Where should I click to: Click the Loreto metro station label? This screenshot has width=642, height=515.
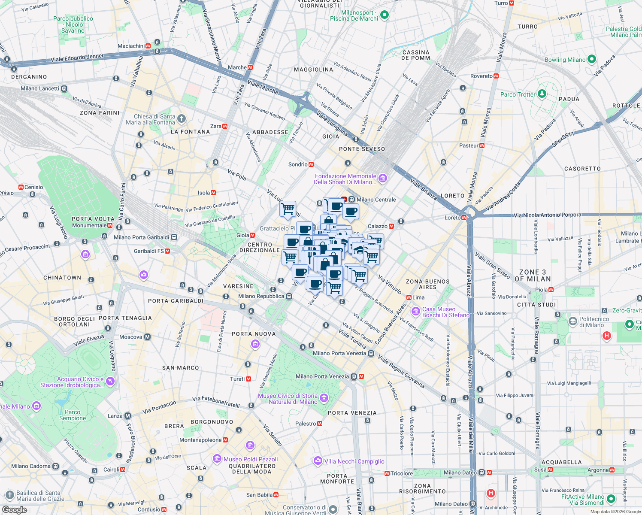click(x=452, y=218)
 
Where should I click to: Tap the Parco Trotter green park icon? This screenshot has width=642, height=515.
click(x=542, y=94)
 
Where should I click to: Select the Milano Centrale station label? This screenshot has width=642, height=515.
click(x=376, y=200)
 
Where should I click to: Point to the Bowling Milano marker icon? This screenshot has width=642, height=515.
click(x=592, y=59)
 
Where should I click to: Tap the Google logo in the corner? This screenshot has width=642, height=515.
click(x=15, y=509)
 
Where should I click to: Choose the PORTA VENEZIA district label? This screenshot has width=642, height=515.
click(x=352, y=413)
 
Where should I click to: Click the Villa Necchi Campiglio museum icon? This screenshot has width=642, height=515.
click(x=318, y=461)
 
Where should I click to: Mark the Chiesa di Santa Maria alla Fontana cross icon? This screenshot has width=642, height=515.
click(x=182, y=119)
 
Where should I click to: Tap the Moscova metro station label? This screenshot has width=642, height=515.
click(x=131, y=337)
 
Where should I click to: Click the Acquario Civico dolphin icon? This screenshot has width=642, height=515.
click(x=110, y=382)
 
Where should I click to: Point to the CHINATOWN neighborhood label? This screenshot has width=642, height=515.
click(x=62, y=278)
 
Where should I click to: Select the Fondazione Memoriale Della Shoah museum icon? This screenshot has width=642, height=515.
click(x=383, y=179)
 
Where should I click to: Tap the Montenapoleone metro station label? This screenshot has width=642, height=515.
click(x=200, y=440)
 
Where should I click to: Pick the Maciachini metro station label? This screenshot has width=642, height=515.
click(x=131, y=46)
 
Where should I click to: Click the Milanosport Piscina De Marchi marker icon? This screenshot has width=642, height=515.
click(x=385, y=15)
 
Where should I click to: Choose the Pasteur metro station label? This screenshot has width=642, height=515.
click(x=469, y=145)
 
